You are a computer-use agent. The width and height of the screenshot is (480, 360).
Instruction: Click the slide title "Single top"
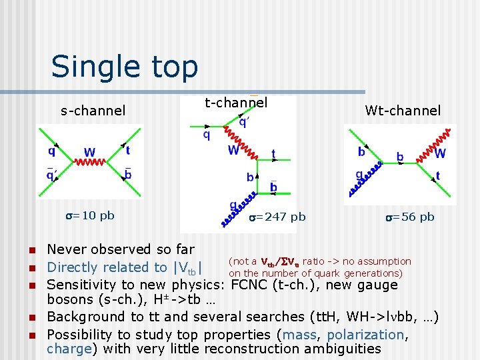coord(125,67)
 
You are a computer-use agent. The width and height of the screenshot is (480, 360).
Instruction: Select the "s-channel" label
coord(93,111)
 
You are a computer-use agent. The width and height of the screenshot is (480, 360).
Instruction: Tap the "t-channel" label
coord(236,103)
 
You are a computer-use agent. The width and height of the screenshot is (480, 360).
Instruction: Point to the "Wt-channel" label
coord(403,111)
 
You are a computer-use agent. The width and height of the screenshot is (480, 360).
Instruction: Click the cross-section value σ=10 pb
coord(89,215)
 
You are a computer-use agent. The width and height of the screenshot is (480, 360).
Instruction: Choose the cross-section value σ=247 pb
coord(277,217)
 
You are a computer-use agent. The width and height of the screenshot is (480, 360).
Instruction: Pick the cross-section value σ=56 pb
coord(409,217)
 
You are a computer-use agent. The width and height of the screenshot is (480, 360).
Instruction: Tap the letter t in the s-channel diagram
coord(127,151)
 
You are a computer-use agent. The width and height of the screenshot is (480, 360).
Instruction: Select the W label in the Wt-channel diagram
coord(440,153)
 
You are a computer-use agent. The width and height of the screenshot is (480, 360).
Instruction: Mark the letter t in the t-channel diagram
coord(273,154)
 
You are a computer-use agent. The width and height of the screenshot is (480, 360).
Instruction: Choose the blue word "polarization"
coord(365,334)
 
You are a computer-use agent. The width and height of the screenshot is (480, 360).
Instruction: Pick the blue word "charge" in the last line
coord(69,349)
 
